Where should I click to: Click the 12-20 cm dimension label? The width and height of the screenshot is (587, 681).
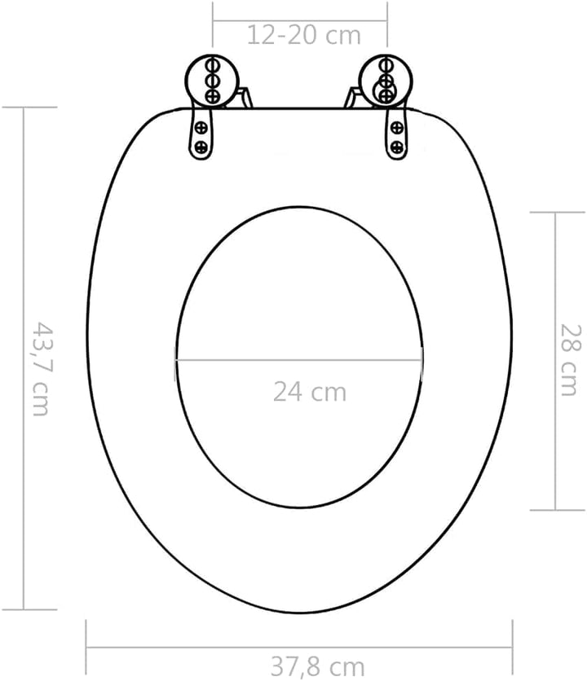(304, 35)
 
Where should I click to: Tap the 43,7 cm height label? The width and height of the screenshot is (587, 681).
(41, 368)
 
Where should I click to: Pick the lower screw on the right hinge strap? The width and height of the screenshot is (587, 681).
(397, 147)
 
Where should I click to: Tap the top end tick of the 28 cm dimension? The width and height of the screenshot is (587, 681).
(556, 212)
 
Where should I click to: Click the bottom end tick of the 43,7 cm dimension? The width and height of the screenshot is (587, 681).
(24, 609)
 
